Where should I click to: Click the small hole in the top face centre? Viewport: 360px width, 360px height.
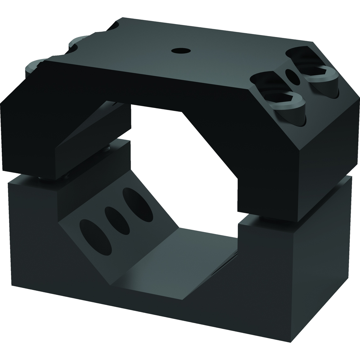[181, 51]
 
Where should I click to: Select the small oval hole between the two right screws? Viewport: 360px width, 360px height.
[292, 77]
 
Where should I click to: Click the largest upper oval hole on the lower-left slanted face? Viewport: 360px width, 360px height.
[138, 204]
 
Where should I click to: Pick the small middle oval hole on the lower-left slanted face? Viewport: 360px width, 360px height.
[117, 220]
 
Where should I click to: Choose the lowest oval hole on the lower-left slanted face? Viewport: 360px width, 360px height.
[95, 237]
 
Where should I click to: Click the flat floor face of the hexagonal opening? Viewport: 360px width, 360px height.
[177, 263]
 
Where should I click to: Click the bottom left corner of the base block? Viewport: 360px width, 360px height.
[12, 285]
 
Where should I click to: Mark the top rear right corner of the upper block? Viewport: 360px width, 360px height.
[313, 42]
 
